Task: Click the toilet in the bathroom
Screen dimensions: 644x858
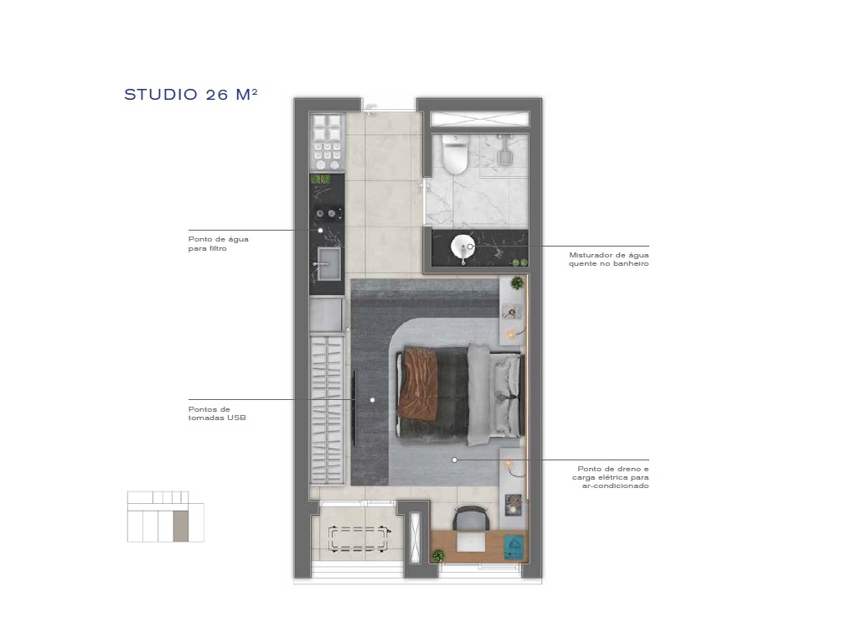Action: point(455,155)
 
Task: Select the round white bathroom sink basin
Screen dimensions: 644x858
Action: point(463,247)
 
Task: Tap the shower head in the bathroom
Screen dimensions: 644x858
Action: point(503,154)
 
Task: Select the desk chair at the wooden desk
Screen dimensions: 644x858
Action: point(469,517)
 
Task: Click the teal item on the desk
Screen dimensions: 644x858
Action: point(514,547)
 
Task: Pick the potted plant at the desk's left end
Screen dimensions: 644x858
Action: point(437,555)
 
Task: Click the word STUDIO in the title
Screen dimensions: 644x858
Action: point(161,95)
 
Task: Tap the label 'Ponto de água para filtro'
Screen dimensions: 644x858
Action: point(218,243)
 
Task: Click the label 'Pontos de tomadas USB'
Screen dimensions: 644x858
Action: point(216,413)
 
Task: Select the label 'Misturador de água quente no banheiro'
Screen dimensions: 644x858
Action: point(608,259)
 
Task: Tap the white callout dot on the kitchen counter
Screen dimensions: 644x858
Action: point(319,230)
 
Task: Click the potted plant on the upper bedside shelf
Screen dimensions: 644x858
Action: point(517,283)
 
